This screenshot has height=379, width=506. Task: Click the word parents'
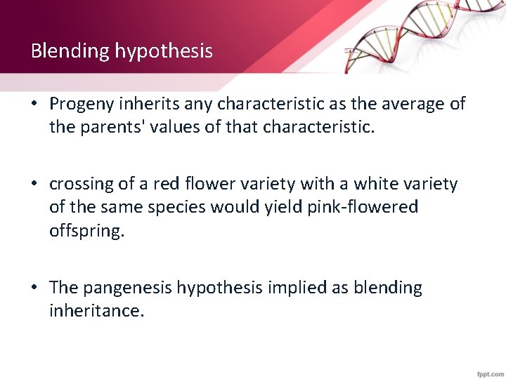pyautogui.click(x=103, y=128)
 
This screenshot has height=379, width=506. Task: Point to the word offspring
pyautogui.click(x=86, y=231)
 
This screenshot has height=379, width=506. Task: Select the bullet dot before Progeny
pyautogui.click(x=34, y=105)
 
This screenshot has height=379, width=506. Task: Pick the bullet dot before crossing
pyautogui.click(x=34, y=185)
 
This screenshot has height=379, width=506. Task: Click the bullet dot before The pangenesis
pyautogui.click(x=34, y=288)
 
